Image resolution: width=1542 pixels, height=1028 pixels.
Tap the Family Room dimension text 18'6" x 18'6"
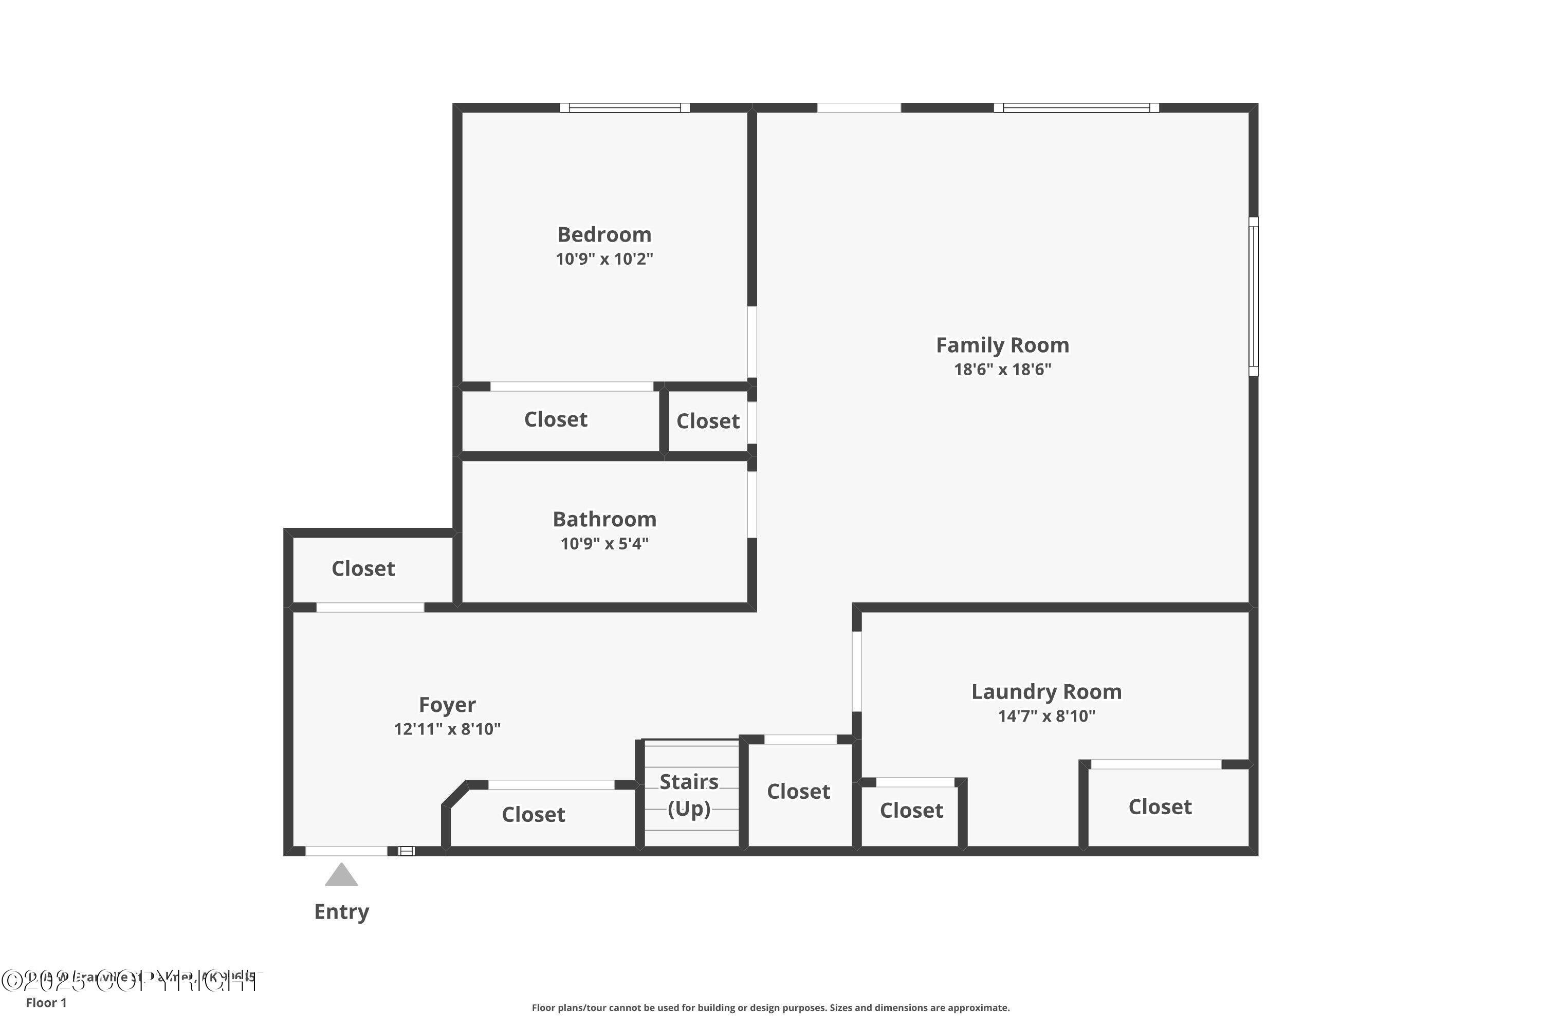pyautogui.click(x=1002, y=369)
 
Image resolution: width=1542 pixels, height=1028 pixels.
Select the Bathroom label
pyautogui.click(x=604, y=519)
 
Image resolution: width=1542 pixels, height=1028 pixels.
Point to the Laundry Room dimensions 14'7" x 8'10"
pyautogui.click(x=1047, y=716)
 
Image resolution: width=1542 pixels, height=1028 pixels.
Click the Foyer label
pyautogui.click(x=447, y=705)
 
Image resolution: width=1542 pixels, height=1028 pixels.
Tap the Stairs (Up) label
pyautogui.click(x=689, y=795)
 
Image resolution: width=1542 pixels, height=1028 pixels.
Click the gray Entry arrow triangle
pyautogui.click(x=342, y=876)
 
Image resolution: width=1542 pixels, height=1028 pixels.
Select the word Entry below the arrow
pyautogui.click(x=342, y=911)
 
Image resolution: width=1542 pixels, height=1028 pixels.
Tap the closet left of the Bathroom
pyautogui.click(x=363, y=568)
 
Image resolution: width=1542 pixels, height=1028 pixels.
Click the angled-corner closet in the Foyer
pyautogui.click(x=533, y=814)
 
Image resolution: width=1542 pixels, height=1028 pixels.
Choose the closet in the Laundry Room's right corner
pyautogui.click(x=1160, y=806)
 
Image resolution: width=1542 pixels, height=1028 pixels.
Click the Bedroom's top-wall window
pyautogui.click(x=625, y=108)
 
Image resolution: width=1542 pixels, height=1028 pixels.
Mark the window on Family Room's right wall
pyautogui.click(x=1253, y=297)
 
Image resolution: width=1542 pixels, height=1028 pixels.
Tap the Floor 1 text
pyautogui.click(x=46, y=1002)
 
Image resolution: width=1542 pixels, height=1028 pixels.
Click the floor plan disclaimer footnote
pyautogui.click(x=770, y=1007)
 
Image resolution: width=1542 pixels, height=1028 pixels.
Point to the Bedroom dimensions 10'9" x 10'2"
pyautogui.click(x=604, y=259)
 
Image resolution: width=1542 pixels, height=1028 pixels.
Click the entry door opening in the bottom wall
pyautogui.click(x=346, y=851)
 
